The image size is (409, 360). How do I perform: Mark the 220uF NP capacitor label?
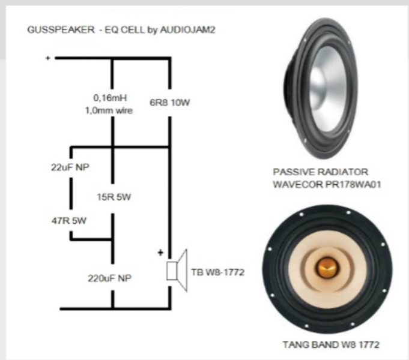tap(112, 278)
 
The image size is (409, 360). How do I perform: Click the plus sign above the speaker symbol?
tap(160, 253)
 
